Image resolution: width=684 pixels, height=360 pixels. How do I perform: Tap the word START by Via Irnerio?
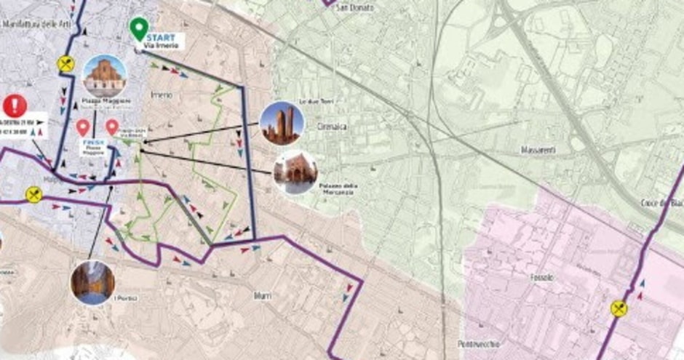pyautogui.click(x=160, y=36)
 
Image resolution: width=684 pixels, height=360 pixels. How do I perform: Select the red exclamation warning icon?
pyautogui.click(x=15, y=106)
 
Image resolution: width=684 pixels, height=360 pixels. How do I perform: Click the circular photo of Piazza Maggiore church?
pyautogui.click(x=104, y=75)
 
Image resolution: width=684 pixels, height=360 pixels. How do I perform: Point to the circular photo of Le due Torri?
pyautogui.click(x=282, y=123)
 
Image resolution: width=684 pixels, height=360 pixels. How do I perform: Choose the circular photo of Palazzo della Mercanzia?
pyautogui.click(x=295, y=172)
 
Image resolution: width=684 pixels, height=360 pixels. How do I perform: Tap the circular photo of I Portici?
pyautogui.click(x=92, y=282)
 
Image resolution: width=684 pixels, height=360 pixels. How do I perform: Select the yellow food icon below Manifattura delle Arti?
pyautogui.click(x=66, y=64)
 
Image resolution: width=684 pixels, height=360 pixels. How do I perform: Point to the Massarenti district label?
pyautogui.click(x=538, y=150)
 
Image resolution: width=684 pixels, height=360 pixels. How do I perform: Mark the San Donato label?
pyautogui.click(x=357, y=8)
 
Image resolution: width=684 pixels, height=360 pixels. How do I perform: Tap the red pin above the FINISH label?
pyautogui.click(x=83, y=127)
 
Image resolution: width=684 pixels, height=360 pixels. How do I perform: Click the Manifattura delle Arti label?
pyautogui.click(x=33, y=25)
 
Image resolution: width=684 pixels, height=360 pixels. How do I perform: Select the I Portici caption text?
pyautogui.click(x=130, y=297)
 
